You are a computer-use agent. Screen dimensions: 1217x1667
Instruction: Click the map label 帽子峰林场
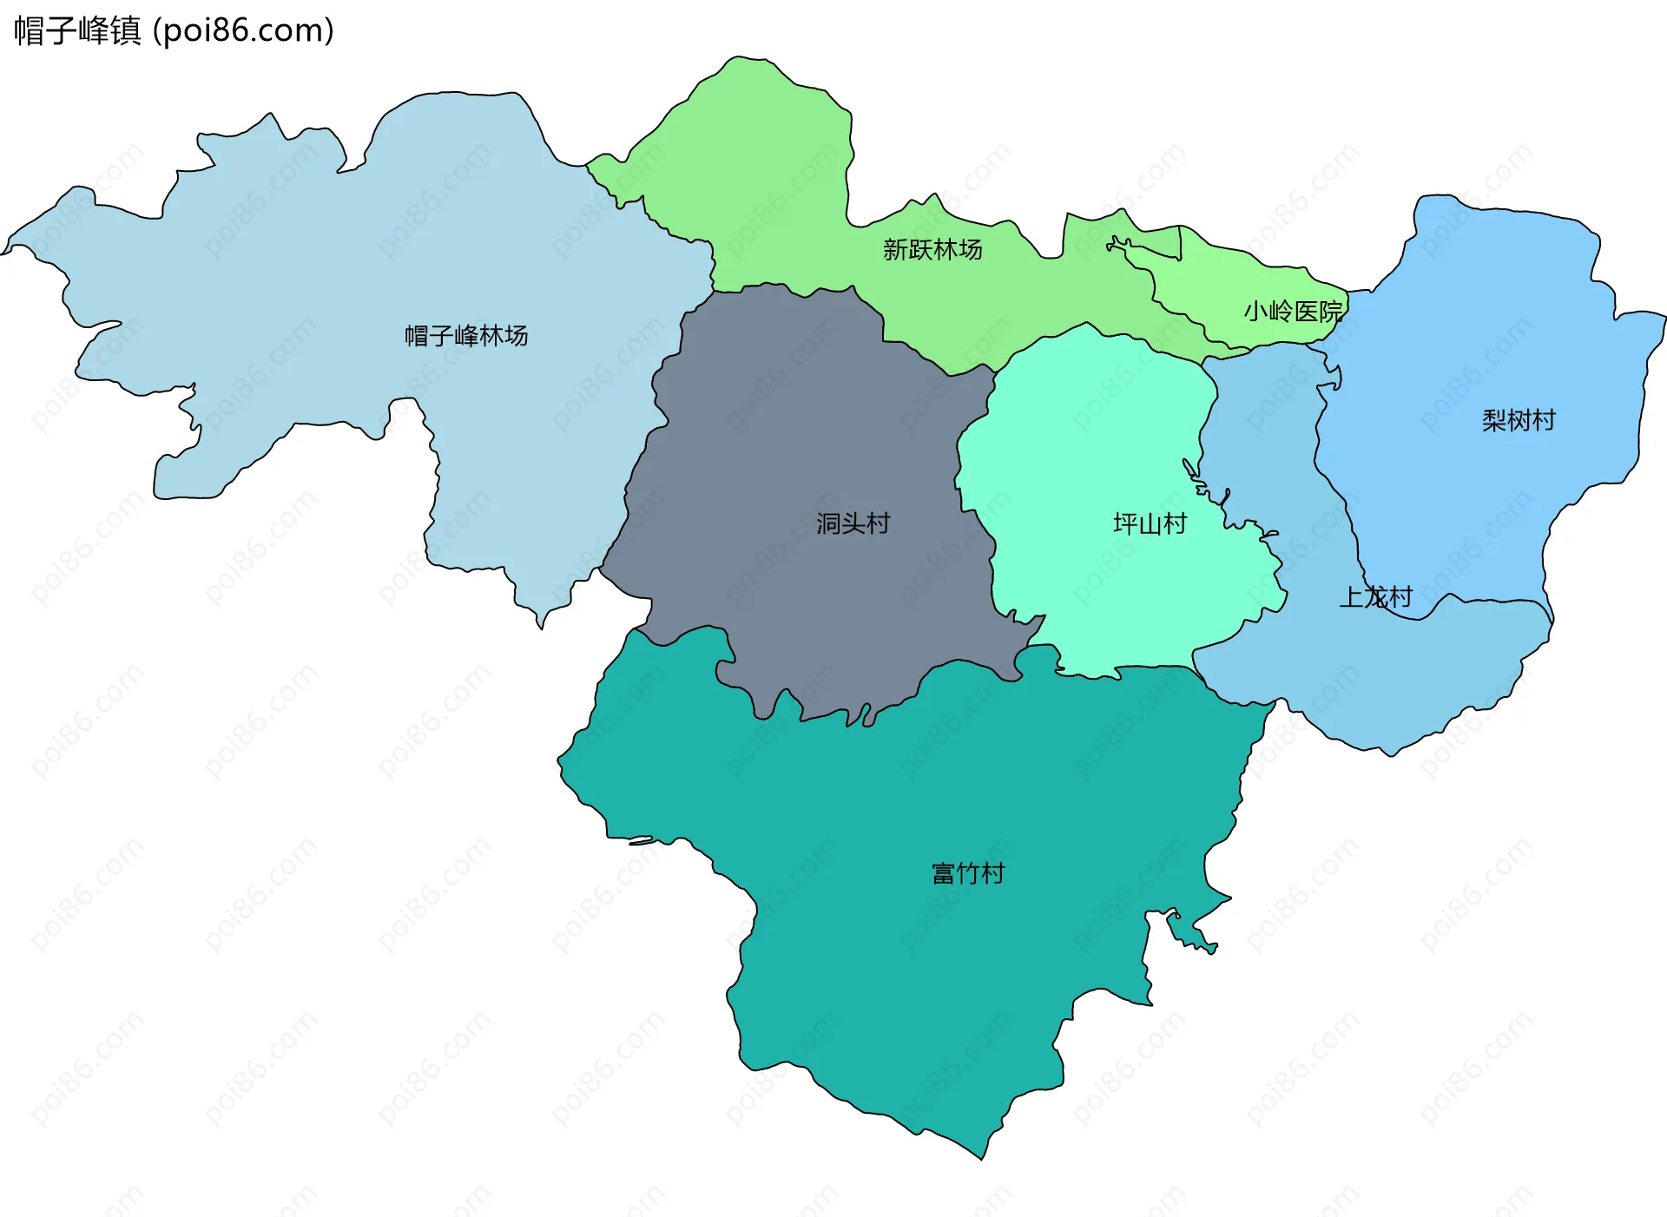tap(466, 335)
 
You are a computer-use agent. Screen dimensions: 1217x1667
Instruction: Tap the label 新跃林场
tap(932, 250)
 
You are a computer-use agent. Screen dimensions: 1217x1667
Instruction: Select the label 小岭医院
tap(1293, 311)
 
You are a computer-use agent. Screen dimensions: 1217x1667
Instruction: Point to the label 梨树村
tap(1519, 421)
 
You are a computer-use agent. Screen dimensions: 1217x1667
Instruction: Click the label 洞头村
tap(853, 523)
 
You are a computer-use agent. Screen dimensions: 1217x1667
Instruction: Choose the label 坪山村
tap(1150, 523)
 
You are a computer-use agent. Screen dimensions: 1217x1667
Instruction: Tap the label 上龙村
tap(1376, 597)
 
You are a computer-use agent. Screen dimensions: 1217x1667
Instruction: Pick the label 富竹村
tap(968, 873)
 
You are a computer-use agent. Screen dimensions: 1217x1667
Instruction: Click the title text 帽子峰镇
tap(77, 30)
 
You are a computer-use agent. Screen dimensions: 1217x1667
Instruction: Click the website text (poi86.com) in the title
tap(243, 30)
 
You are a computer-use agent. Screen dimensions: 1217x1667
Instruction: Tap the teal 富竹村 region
tap(912, 972)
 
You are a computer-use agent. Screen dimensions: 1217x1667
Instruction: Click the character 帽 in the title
tap(30, 30)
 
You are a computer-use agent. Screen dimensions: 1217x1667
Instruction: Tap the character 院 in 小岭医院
tap(1330, 311)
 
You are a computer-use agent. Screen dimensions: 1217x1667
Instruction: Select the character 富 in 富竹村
tap(944, 873)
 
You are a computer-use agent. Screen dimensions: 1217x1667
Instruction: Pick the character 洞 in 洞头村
tap(828, 523)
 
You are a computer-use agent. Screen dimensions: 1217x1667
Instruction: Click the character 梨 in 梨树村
tap(1494, 421)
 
